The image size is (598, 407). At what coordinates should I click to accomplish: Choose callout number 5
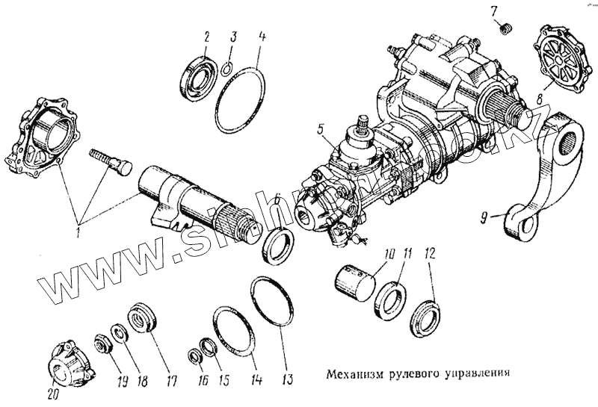[x=320, y=129]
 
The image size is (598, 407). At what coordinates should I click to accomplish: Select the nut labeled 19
[x=100, y=345]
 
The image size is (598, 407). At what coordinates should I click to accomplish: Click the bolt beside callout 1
[x=109, y=161]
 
